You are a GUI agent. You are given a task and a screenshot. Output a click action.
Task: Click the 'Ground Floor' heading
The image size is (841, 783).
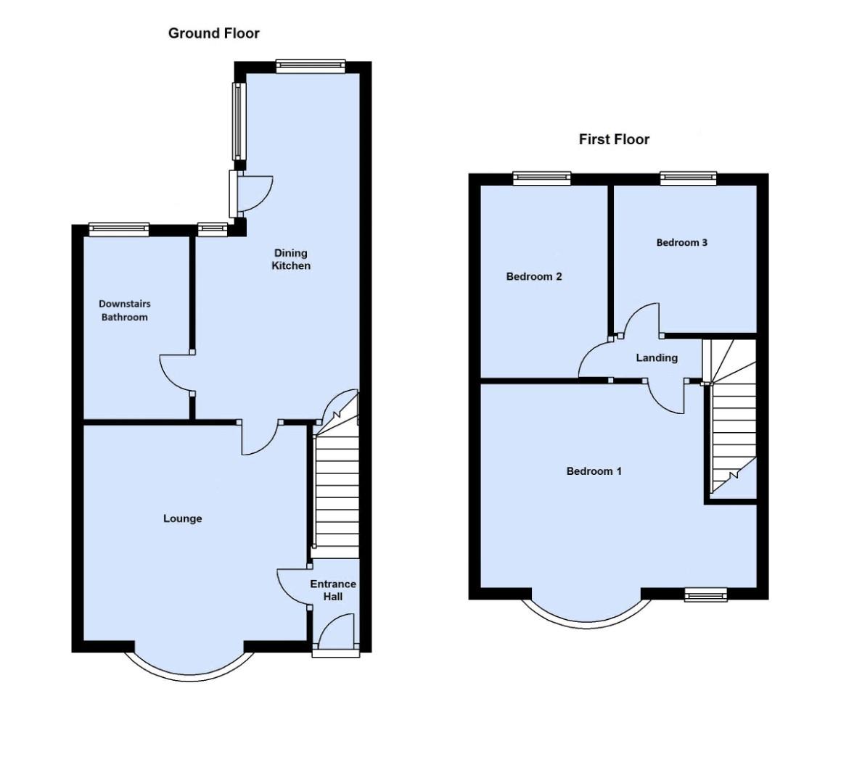coord(213,33)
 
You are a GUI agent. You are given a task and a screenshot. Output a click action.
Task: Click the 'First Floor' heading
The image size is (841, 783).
coord(614,139)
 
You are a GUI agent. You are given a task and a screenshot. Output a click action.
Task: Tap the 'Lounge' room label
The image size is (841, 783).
coord(182,518)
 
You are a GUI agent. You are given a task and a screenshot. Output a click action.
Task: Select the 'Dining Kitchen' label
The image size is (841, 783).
coord(291,260)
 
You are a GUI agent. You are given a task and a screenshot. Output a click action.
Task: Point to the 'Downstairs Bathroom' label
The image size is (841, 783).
coord(125,310)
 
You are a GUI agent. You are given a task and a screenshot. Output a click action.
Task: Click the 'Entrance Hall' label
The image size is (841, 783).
coord(333,590)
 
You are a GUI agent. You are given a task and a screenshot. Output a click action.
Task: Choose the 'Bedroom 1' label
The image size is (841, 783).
coord(594,471)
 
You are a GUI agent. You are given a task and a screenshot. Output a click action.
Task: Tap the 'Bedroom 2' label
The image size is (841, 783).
coord(534,276)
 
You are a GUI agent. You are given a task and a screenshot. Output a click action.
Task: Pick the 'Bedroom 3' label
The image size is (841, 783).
coord(681,242)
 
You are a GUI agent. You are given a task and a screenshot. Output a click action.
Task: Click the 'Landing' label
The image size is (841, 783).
coord(657,357)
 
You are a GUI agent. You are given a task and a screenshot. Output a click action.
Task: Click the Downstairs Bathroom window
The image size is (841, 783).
coord(119,229)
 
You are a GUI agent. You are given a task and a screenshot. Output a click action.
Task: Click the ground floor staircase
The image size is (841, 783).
coord(337,493)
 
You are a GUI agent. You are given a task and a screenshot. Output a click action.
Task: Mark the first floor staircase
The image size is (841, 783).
coord(731,428)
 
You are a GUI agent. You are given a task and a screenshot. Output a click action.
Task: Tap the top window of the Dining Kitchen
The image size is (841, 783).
coord(310,67)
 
